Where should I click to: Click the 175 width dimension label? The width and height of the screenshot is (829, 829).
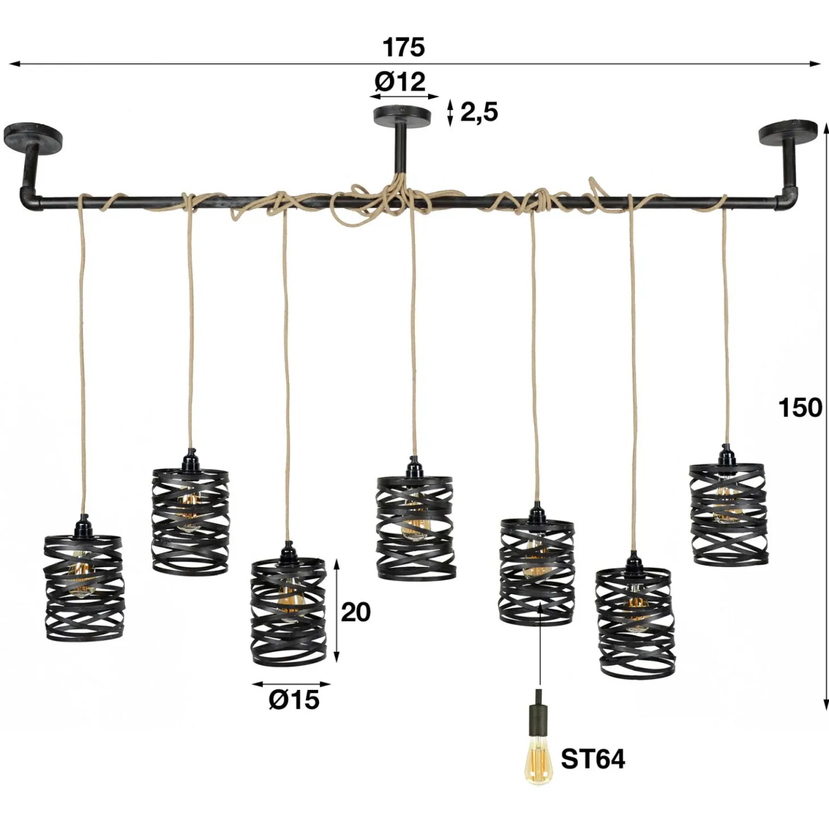click(x=404, y=47)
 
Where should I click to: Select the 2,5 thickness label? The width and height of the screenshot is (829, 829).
click(x=479, y=113)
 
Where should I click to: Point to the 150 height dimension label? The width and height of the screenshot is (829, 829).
click(x=800, y=408)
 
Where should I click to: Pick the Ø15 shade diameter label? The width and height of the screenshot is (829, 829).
click(x=294, y=700)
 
